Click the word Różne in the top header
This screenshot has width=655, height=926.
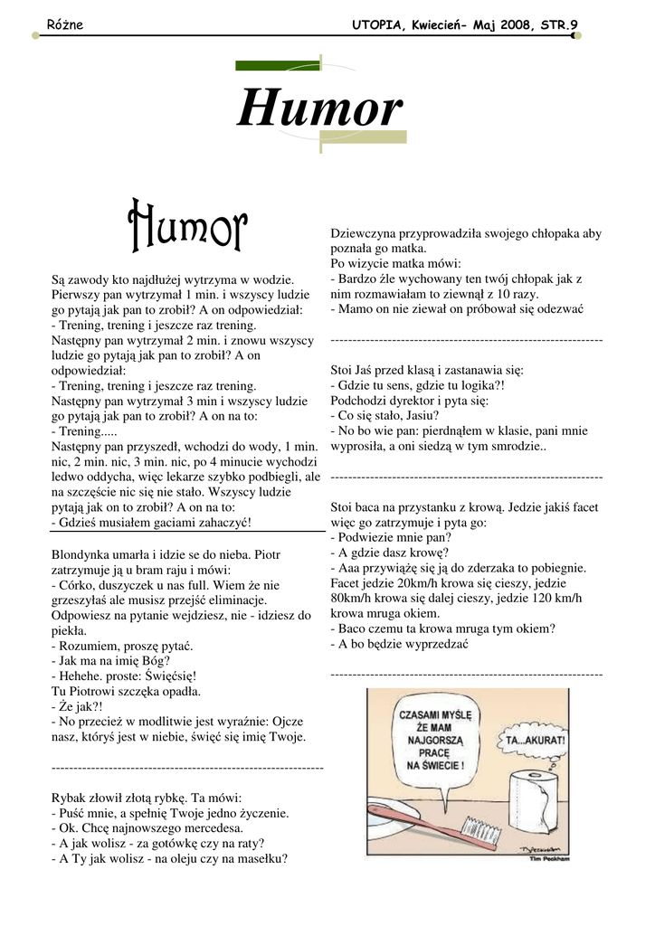pos(64,25)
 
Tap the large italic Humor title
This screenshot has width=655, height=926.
pos(319,109)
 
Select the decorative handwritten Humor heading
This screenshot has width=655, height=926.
pos(187,225)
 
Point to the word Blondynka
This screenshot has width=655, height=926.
pos(83,553)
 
